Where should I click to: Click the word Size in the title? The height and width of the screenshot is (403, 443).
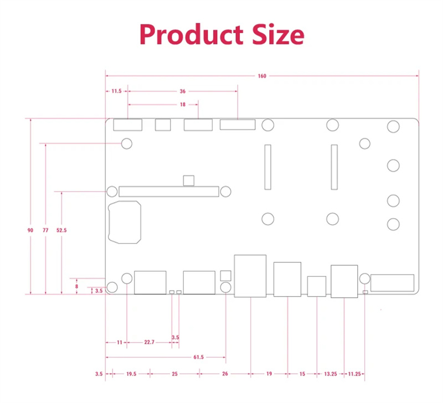(276, 34)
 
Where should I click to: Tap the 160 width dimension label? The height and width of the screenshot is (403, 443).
(262, 76)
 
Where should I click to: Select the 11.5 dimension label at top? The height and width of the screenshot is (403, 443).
(116, 91)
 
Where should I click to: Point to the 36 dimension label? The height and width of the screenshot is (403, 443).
(182, 91)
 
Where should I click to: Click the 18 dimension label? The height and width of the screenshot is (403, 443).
(182, 104)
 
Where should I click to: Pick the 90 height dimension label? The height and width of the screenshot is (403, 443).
(30, 230)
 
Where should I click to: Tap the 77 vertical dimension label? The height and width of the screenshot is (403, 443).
(45, 230)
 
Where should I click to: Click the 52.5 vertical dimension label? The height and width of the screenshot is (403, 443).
(61, 230)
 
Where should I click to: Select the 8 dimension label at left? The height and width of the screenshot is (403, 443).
(77, 286)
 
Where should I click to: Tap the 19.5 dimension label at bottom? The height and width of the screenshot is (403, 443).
(131, 374)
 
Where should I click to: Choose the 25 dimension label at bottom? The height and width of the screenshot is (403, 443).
(174, 374)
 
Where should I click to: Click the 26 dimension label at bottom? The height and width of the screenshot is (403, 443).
(225, 374)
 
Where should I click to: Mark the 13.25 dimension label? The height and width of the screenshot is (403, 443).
(331, 374)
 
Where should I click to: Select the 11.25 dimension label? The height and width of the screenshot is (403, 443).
(354, 374)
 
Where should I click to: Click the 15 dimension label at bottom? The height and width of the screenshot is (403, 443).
(302, 374)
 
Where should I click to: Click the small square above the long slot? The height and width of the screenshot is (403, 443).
(188, 180)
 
